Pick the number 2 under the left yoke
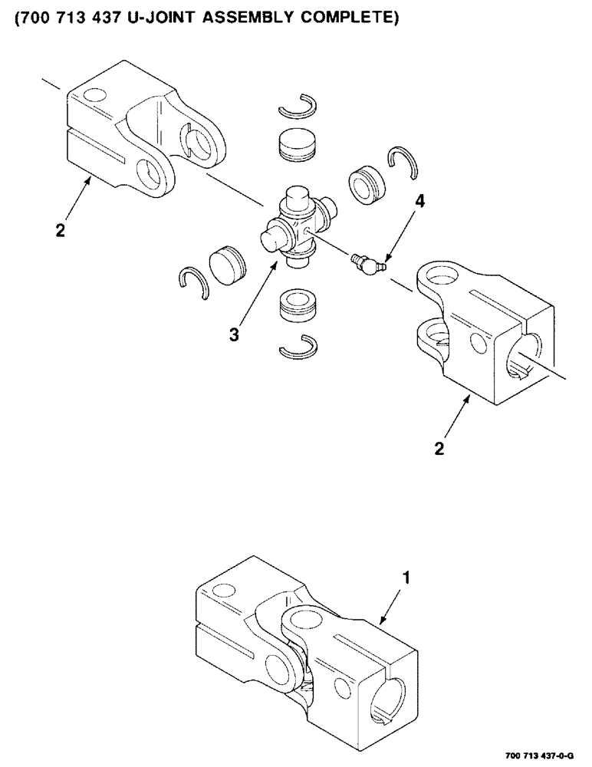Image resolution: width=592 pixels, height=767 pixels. [60, 229]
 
